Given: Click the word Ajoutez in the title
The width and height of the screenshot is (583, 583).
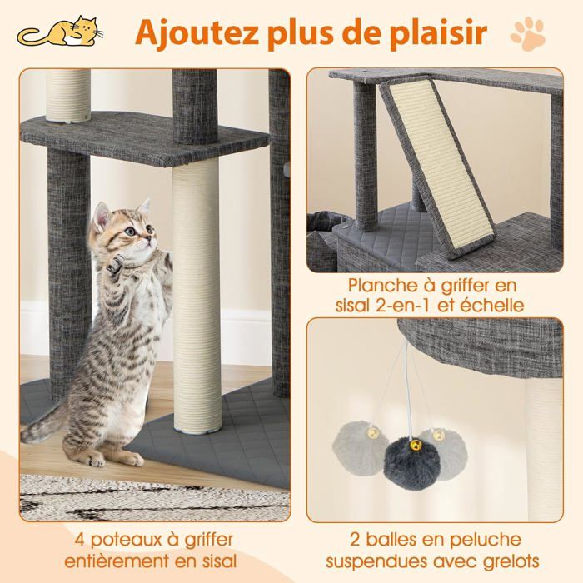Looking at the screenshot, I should [186, 33].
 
